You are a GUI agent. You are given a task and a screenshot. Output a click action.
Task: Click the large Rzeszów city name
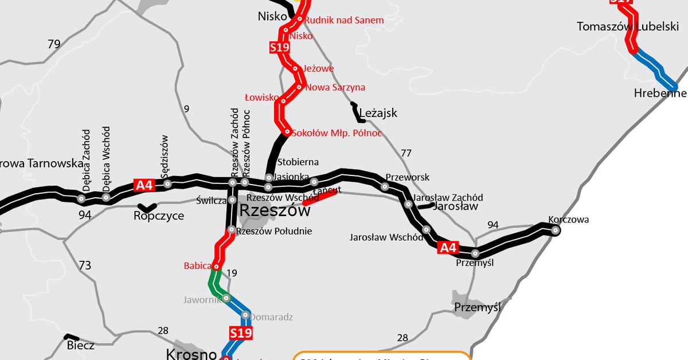coord(275,210)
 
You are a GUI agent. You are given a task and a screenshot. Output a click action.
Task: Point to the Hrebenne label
coord(660,93)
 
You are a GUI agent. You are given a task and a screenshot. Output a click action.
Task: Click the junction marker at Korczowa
coord(555,230)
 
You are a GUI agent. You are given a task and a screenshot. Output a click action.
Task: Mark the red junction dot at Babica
coord(216,267)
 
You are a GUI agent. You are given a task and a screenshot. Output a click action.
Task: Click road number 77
coord(406,153)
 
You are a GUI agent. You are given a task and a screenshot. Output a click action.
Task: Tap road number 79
coord(54,44)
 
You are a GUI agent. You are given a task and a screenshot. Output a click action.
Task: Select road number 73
coord(85,265)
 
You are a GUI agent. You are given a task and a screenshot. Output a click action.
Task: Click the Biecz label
coord(80,345)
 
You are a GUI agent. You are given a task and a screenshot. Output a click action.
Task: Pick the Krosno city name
coord(191,354)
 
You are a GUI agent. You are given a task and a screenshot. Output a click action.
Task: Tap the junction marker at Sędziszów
coord(167,183)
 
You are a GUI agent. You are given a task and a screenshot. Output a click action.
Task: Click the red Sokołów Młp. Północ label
coord(337,133)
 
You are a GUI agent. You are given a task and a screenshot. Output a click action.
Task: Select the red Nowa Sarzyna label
coord(335,88)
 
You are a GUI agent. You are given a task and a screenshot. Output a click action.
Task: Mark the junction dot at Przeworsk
coord(385,186)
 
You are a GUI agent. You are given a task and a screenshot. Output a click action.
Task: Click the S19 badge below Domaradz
coord(241,332)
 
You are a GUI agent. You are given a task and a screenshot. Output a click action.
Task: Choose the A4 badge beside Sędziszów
coord(144,185)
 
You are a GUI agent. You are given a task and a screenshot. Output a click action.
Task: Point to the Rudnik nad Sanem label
coord(344,20)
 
